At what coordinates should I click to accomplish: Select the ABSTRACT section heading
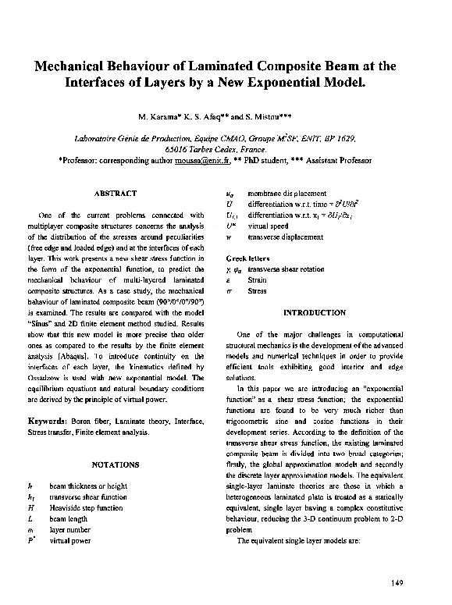click(x=116, y=193)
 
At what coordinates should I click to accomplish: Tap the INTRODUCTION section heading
click(x=314, y=312)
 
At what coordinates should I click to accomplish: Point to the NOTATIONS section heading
click(x=116, y=464)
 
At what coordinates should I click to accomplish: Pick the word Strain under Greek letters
click(x=256, y=279)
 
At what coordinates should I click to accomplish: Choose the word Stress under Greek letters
click(x=256, y=290)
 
